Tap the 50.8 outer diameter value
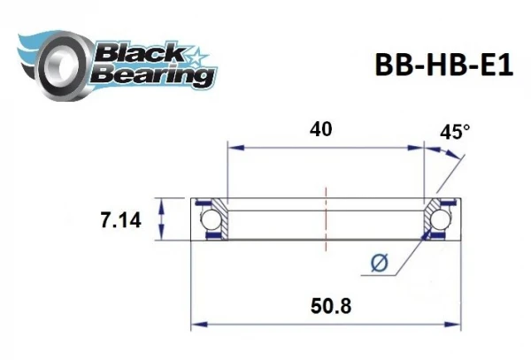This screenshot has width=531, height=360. pos(327,309)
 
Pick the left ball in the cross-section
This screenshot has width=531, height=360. pos(212,219)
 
